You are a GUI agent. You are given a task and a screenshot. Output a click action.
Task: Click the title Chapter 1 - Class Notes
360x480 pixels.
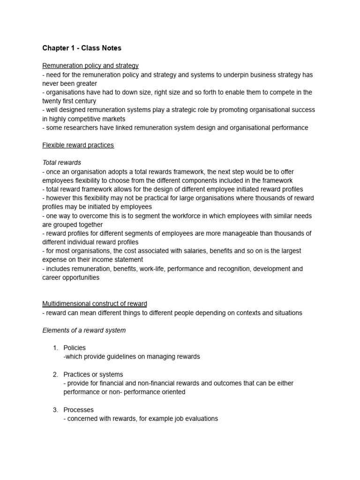pos(82,48)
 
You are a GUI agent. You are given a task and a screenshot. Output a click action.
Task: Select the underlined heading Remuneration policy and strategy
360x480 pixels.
pos(90,66)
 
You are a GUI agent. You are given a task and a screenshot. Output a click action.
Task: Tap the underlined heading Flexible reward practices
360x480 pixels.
pos(78,145)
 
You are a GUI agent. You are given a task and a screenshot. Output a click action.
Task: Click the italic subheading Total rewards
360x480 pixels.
pos(62,163)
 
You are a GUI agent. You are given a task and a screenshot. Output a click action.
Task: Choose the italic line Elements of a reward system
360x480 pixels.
pos(84,330)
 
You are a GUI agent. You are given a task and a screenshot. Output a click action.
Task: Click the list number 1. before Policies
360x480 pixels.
pos(55,348)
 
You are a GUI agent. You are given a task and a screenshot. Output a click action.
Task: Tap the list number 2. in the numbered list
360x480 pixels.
pos(55,375)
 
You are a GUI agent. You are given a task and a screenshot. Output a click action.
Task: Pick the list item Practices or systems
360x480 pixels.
pos(93,375)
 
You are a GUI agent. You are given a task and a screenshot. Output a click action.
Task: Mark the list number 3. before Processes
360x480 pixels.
pos(55,410)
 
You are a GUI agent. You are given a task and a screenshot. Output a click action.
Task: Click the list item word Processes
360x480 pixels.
pos(79,410)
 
